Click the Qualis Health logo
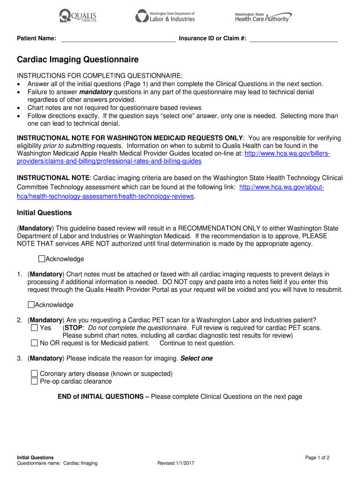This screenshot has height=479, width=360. [78, 17]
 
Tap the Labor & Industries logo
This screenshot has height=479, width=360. [165, 16]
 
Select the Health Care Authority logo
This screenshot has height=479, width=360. [263, 17]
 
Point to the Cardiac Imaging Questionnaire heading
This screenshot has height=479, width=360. [78, 60]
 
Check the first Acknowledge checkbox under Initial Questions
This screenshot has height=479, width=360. [42, 259]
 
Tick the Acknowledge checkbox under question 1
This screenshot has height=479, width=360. [31, 305]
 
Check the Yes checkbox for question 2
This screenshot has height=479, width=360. [34, 328]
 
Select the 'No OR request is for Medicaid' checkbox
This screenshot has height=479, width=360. [34, 343]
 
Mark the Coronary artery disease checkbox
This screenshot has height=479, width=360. [34, 374]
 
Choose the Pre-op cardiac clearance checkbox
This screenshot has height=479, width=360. [34, 381]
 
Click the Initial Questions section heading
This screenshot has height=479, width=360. [44, 213]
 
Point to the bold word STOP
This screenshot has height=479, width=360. [73, 328]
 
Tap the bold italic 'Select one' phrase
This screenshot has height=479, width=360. [196, 359]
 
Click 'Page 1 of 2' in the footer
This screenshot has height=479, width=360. [317, 457]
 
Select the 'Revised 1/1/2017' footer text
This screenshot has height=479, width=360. [176, 464]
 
